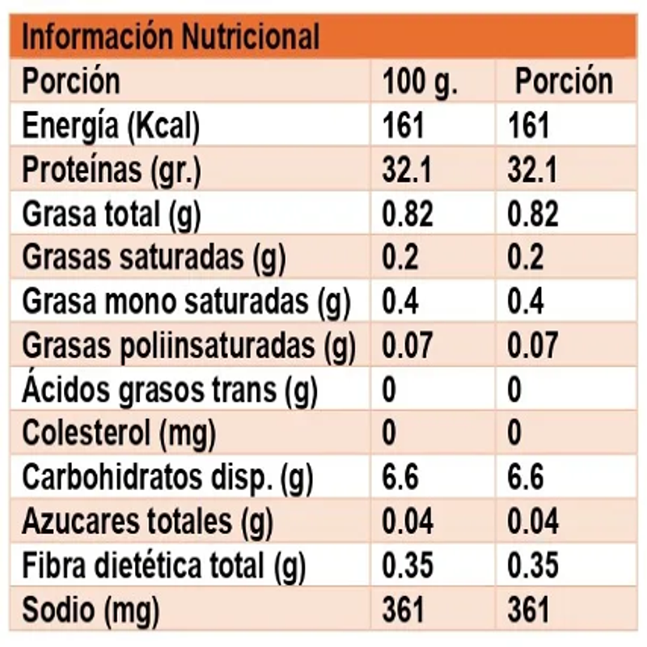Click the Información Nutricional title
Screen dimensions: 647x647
click(x=171, y=37)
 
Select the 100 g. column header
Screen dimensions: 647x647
click(x=420, y=82)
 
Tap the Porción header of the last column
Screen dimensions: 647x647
click(x=564, y=82)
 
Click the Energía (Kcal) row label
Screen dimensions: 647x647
click(x=111, y=126)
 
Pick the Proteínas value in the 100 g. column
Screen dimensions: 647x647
click(x=407, y=171)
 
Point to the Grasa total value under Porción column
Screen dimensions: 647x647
click(x=533, y=214)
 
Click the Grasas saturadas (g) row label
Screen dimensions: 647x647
click(x=154, y=258)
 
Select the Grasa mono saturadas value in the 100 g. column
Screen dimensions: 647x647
click(x=400, y=302)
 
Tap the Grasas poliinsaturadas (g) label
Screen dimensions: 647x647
click(x=188, y=346)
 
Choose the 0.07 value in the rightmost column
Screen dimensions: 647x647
click(x=533, y=346)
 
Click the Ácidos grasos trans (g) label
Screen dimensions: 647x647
click(x=170, y=391)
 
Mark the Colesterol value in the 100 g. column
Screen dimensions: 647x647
click(x=389, y=434)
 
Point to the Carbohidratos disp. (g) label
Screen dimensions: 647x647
click(x=167, y=479)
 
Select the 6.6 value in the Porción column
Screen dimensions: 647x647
click(x=526, y=479)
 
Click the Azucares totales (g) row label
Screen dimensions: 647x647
click(x=148, y=522)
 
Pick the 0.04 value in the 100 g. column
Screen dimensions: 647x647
click(x=408, y=522)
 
